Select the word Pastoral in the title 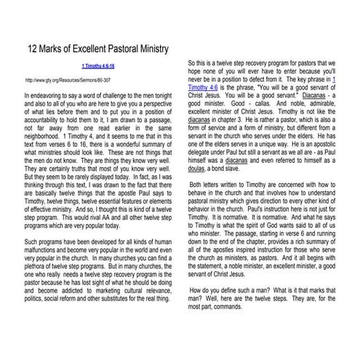click(129, 49)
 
